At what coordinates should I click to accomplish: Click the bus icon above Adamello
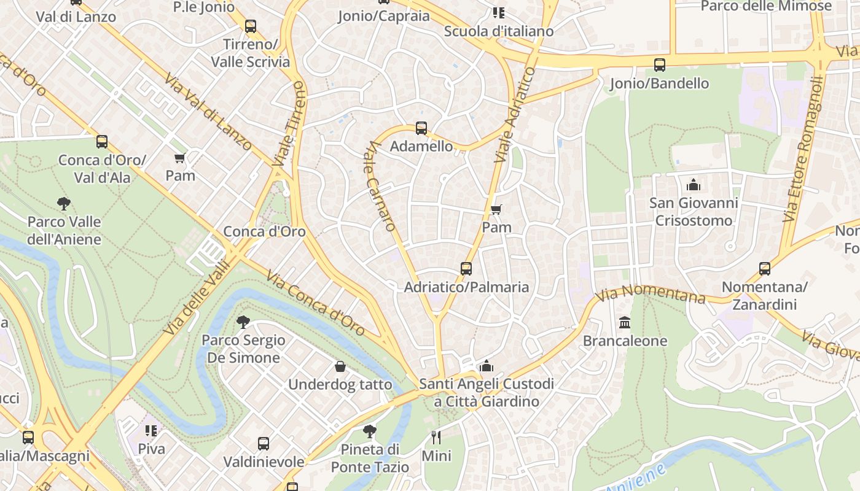click(421, 128)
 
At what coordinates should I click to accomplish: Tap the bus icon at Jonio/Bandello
click(659, 65)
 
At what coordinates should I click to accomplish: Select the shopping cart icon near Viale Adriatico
click(496, 209)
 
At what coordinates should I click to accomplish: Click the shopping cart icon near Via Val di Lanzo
click(180, 158)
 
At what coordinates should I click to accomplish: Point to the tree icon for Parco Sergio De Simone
click(243, 322)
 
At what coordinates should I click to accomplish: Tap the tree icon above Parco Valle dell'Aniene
click(63, 203)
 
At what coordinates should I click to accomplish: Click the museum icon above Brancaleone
click(625, 323)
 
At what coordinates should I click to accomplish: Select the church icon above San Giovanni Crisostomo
click(694, 184)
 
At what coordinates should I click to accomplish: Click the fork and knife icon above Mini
click(436, 438)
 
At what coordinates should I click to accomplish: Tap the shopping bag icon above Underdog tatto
click(340, 367)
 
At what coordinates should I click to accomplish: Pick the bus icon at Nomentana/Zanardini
click(764, 269)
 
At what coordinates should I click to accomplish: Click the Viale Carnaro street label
click(381, 186)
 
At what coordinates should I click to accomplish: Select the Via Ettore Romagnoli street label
click(802, 149)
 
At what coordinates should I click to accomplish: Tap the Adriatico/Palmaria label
click(466, 287)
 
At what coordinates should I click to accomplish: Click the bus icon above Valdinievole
click(264, 444)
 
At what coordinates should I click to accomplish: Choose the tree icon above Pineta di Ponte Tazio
click(369, 431)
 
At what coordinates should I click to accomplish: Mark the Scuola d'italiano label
click(498, 31)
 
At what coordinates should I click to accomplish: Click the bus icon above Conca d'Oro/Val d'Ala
click(102, 142)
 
